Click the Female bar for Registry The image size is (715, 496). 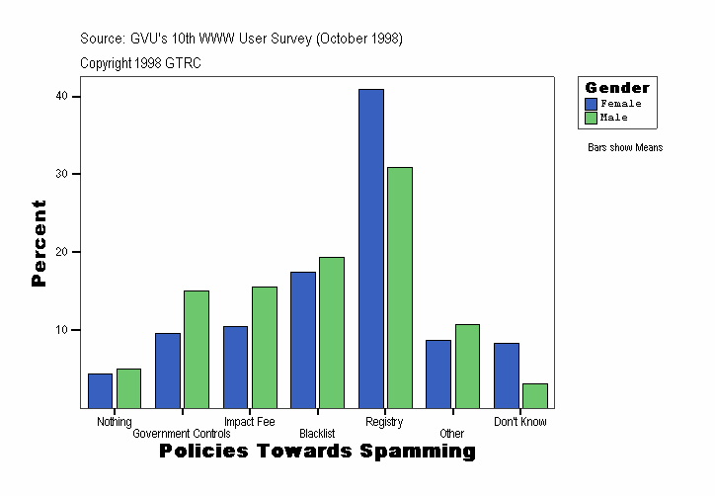371,248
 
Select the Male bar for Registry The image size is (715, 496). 400,288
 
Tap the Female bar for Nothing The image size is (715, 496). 100,390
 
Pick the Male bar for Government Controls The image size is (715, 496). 197,349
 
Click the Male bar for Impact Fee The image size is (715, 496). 265,347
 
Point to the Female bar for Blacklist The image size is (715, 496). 303,339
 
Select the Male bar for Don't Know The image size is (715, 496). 535,395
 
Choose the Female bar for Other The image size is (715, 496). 438,373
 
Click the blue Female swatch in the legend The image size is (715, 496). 591,104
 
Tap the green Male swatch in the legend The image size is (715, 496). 591,118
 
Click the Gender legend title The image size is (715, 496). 617,88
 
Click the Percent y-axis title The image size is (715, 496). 40,243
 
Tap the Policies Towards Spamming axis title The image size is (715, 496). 317,452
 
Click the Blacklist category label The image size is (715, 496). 317,434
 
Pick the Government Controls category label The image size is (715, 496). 182,434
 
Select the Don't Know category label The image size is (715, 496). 520,422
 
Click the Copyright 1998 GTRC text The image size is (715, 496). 141,63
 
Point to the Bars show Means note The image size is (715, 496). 625,148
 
